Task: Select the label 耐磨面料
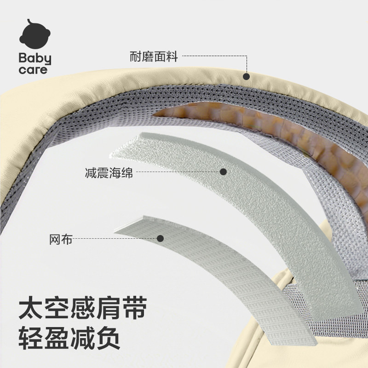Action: coord(154,58)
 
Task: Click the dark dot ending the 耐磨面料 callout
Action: coord(247,77)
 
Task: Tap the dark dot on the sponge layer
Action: coord(224,172)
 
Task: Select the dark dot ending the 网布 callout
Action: coord(161,238)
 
